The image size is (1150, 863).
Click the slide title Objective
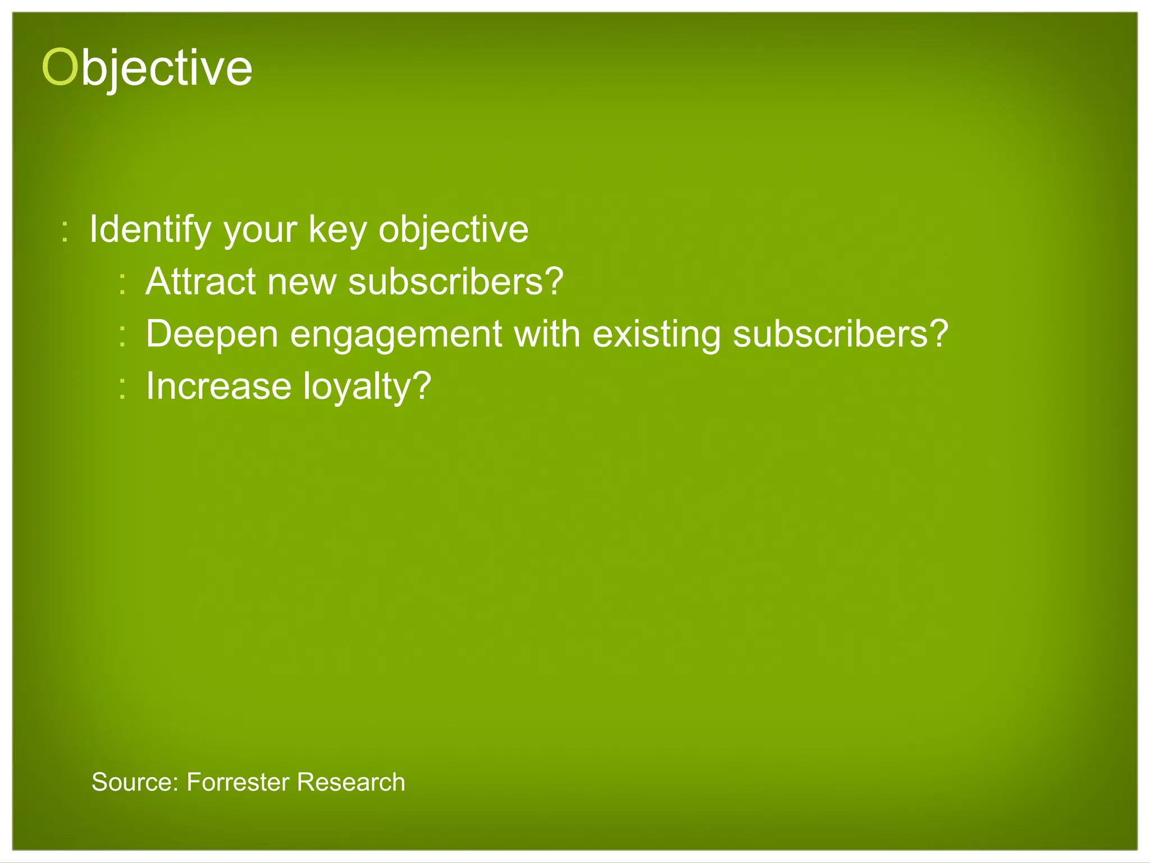[147, 67]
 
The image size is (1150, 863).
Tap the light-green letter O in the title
[59, 67]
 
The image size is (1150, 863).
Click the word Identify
[150, 230]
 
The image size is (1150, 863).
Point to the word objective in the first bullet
[453, 230]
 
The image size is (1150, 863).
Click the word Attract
[200, 281]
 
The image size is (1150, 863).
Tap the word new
[302, 282]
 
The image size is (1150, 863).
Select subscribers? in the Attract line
[455, 281]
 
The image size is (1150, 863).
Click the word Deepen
[212, 334]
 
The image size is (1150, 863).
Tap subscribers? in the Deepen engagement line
[840, 334]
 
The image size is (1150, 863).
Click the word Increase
[219, 386]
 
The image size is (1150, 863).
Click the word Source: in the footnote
[135, 782]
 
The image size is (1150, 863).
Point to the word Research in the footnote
[351, 782]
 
